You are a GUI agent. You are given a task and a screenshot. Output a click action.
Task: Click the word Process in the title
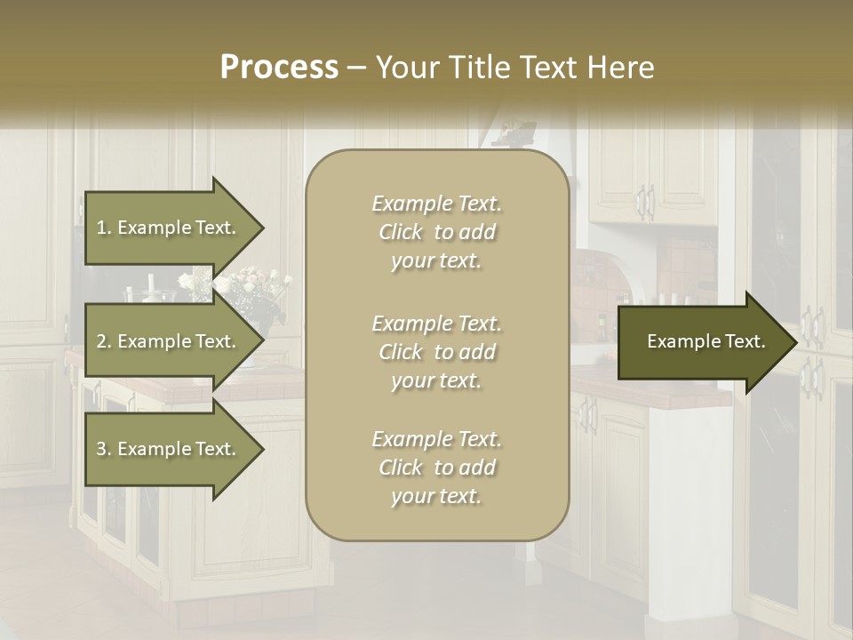pos(279,68)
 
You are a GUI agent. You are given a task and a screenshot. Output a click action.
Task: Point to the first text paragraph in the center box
pos(436,232)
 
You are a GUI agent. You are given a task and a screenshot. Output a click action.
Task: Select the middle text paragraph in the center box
pos(436,352)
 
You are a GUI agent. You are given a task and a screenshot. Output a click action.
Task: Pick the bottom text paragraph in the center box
pos(436,468)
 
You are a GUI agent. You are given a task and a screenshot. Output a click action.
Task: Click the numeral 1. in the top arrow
pos(104,228)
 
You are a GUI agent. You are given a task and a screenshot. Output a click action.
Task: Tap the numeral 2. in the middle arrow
pos(104,341)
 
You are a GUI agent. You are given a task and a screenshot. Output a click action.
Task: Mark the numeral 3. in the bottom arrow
pos(104,449)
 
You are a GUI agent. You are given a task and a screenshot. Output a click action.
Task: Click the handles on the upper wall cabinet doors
pos(646,202)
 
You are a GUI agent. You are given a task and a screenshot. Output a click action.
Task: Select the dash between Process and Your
pos(356,68)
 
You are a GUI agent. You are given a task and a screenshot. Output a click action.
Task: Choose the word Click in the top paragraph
pos(401,232)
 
